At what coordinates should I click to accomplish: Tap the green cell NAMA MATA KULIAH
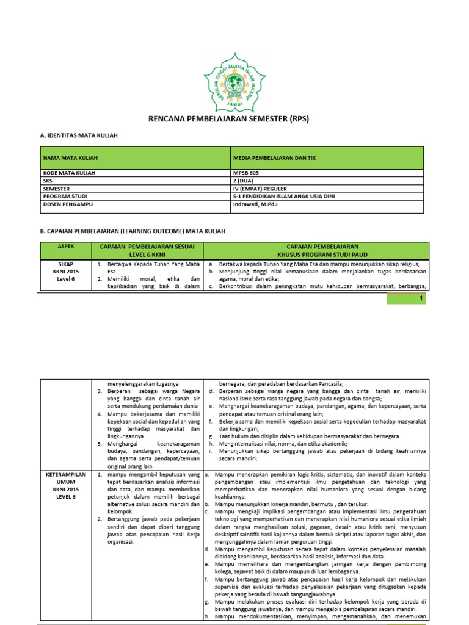pyautogui.click(x=70, y=158)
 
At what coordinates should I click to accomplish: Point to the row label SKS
pyautogui.click(x=48, y=181)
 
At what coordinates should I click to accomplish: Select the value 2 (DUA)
pyautogui.click(x=246, y=181)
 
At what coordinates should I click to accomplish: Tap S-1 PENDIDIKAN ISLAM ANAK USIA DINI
pyautogui.click(x=284, y=197)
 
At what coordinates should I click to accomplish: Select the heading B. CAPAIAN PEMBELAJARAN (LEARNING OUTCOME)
pyautogui.click(x=133, y=231)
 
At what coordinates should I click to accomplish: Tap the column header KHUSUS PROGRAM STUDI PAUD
pyautogui.click(x=316, y=254)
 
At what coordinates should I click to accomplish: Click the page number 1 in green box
pyautogui.click(x=420, y=298)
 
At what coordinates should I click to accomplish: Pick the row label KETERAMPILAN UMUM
pyautogui.click(x=65, y=477)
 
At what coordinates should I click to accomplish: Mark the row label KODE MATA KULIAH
pyautogui.click(x=69, y=173)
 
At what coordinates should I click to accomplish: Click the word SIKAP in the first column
pyautogui.click(x=65, y=264)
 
